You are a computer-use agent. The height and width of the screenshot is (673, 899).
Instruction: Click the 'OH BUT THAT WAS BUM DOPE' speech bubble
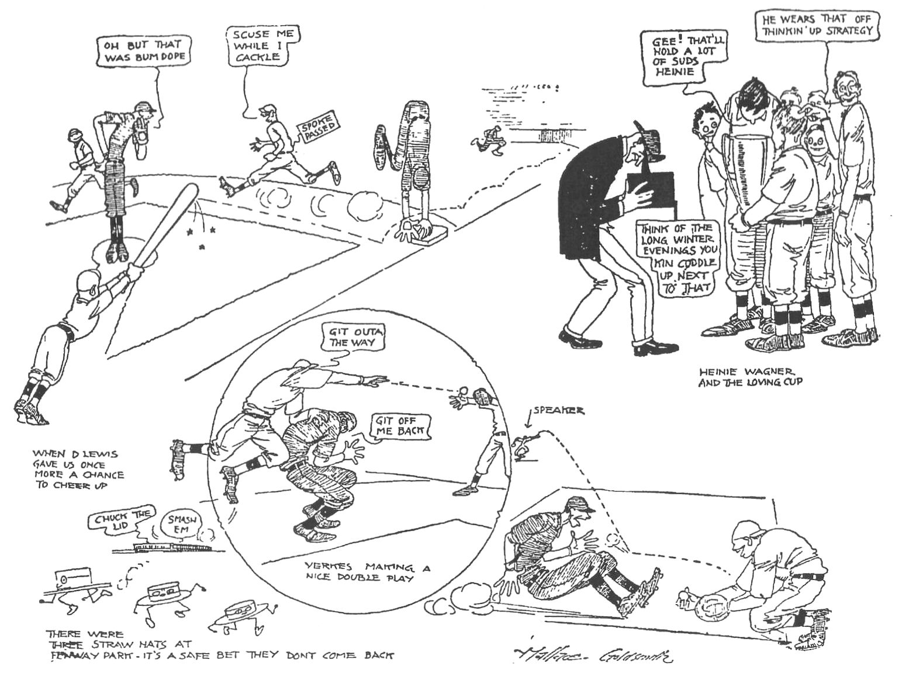click(x=140, y=51)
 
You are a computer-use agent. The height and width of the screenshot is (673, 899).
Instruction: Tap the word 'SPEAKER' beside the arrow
click(x=558, y=411)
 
